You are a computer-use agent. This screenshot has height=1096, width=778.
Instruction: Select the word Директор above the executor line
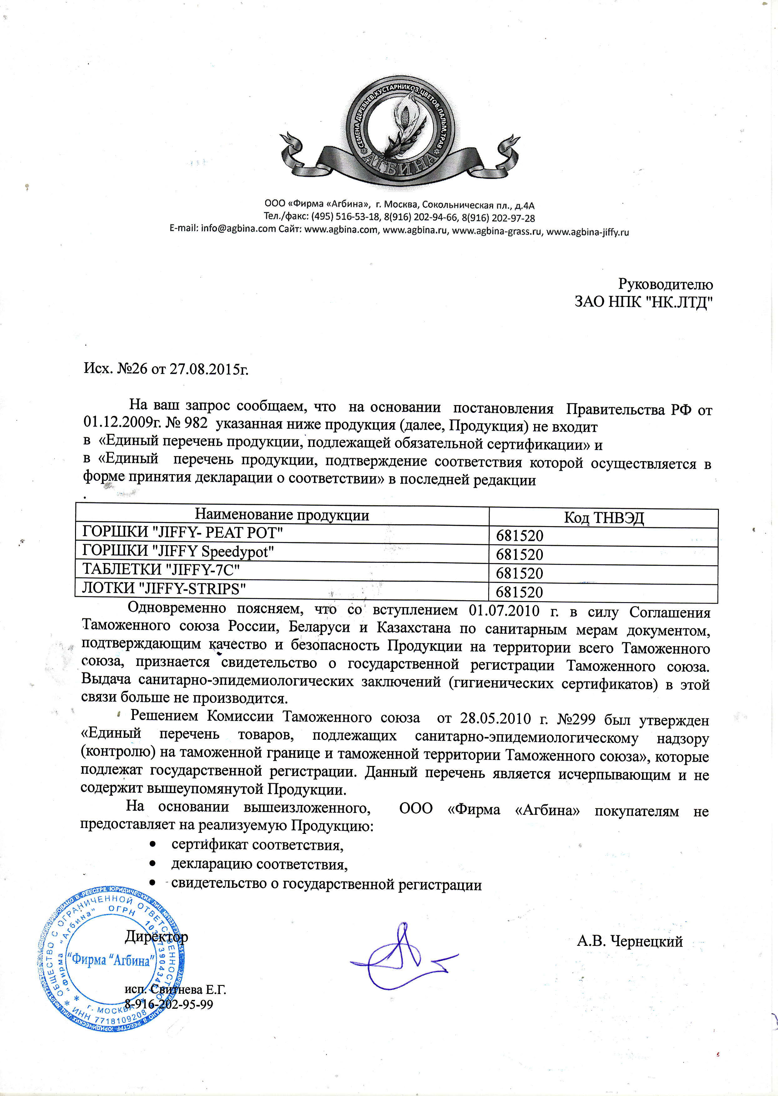[x=156, y=936]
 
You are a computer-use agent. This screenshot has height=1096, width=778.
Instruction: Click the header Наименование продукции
[x=282, y=515]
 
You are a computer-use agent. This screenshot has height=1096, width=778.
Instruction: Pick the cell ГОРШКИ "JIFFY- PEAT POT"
[x=183, y=532]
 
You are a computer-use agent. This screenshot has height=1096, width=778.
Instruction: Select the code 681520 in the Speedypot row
[x=519, y=555]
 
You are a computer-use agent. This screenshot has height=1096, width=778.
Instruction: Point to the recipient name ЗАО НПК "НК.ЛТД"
[x=644, y=302]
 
